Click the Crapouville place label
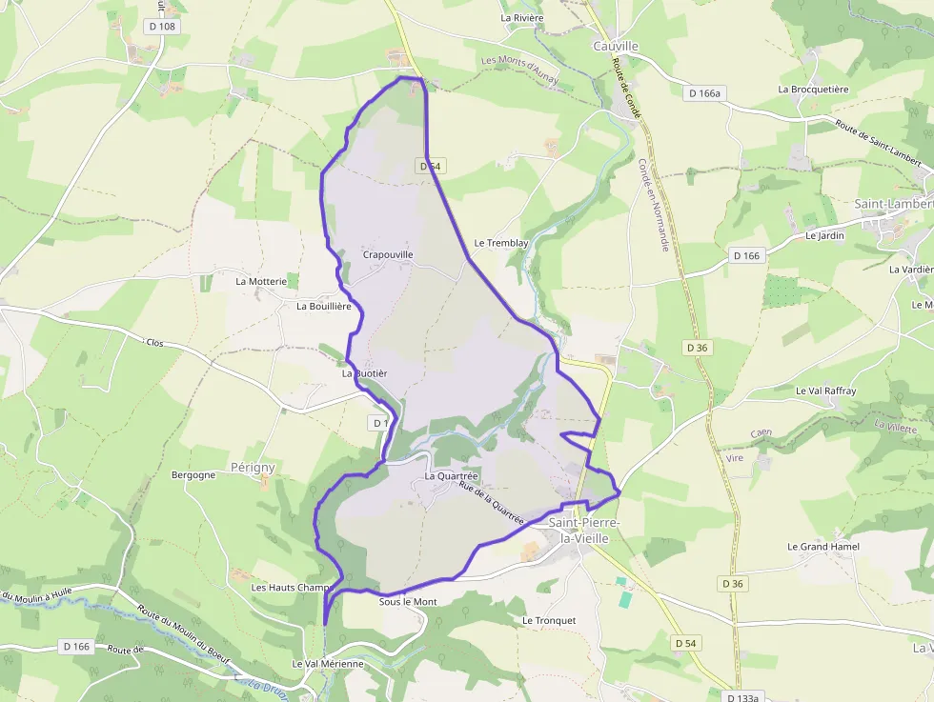[x=388, y=254]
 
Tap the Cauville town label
[x=615, y=46]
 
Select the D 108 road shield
[x=163, y=27]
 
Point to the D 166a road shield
[x=704, y=92]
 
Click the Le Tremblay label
[x=500, y=243]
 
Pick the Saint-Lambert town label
[x=893, y=204]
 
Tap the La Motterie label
[x=261, y=281]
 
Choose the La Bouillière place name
[x=324, y=306]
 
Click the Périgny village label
[x=253, y=467]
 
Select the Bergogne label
[x=193, y=474]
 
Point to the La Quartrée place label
[x=452, y=475]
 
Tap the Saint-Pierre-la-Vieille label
[x=584, y=531]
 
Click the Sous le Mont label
[x=408, y=602]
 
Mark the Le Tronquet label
[x=549, y=620]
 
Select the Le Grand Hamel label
[x=823, y=546]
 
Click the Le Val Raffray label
[x=825, y=391]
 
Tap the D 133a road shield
[x=741, y=697]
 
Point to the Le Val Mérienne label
[x=328, y=663]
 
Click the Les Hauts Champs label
[x=291, y=588]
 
